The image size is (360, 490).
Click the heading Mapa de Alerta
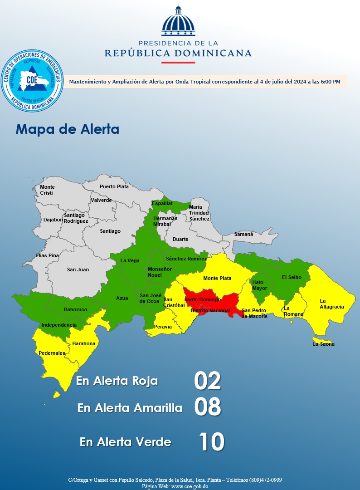click(68, 129)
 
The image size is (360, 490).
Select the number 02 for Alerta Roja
click(207, 381)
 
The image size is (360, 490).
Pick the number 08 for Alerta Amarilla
click(207, 407)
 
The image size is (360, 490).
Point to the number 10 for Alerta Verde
click(211, 441)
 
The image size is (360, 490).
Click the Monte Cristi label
click(47, 190)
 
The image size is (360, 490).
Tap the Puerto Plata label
click(114, 186)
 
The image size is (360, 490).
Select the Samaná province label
click(244, 235)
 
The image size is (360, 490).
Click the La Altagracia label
click(332, 304)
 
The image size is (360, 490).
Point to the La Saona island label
click(324, 344)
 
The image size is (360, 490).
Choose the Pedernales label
click(52, 353)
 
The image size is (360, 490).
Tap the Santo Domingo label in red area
click(203, 299)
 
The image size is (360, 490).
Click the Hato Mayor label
click(260, 285)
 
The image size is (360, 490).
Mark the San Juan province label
click(78, 269)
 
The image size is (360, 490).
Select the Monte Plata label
click(217, 278)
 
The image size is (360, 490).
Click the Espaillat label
click(162, 203)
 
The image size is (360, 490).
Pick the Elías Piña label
click(47, 255)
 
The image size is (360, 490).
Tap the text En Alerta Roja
click(117, 381)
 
